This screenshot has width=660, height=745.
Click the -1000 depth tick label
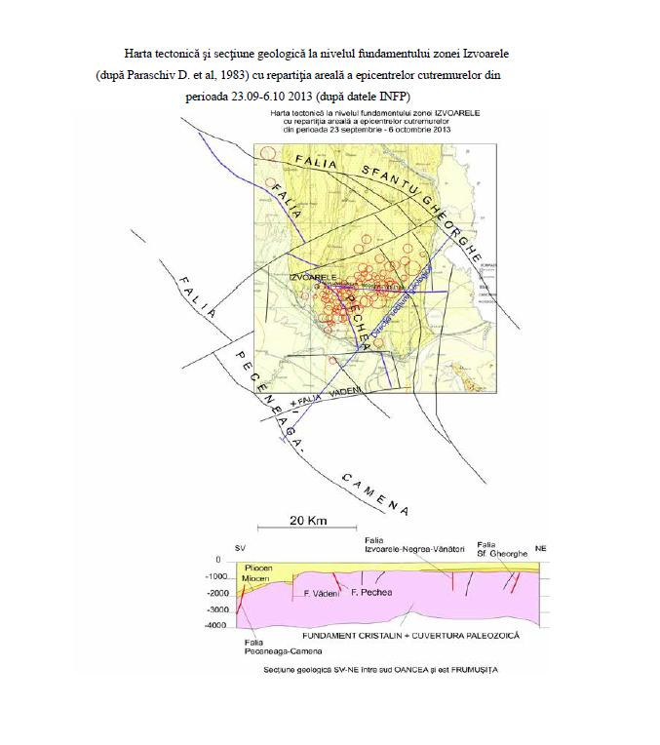(x=218, y=576)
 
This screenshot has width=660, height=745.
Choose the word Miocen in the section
(x=258, y=578)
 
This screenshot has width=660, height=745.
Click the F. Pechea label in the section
(x=369, y=593)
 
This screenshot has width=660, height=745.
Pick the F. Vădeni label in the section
(x=321, y=593)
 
